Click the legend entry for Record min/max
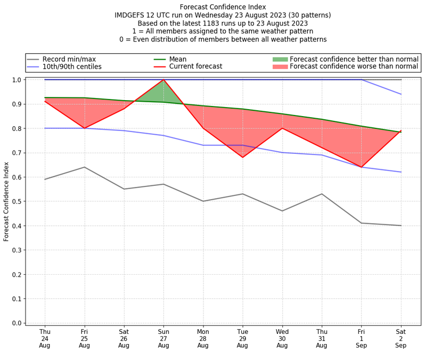coord(69,59)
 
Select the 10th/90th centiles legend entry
coord(72,67)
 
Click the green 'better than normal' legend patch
coord(280,59)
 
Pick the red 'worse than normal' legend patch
coord(280,67)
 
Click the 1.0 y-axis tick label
coord(17,80)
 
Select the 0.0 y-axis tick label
coord(17,323)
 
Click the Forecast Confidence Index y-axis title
coord(6,201)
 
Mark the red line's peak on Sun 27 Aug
coord(163,80)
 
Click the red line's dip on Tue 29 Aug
coord(243,157)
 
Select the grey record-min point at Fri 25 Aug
coord(84,167)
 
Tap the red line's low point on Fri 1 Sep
coord(362,167)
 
